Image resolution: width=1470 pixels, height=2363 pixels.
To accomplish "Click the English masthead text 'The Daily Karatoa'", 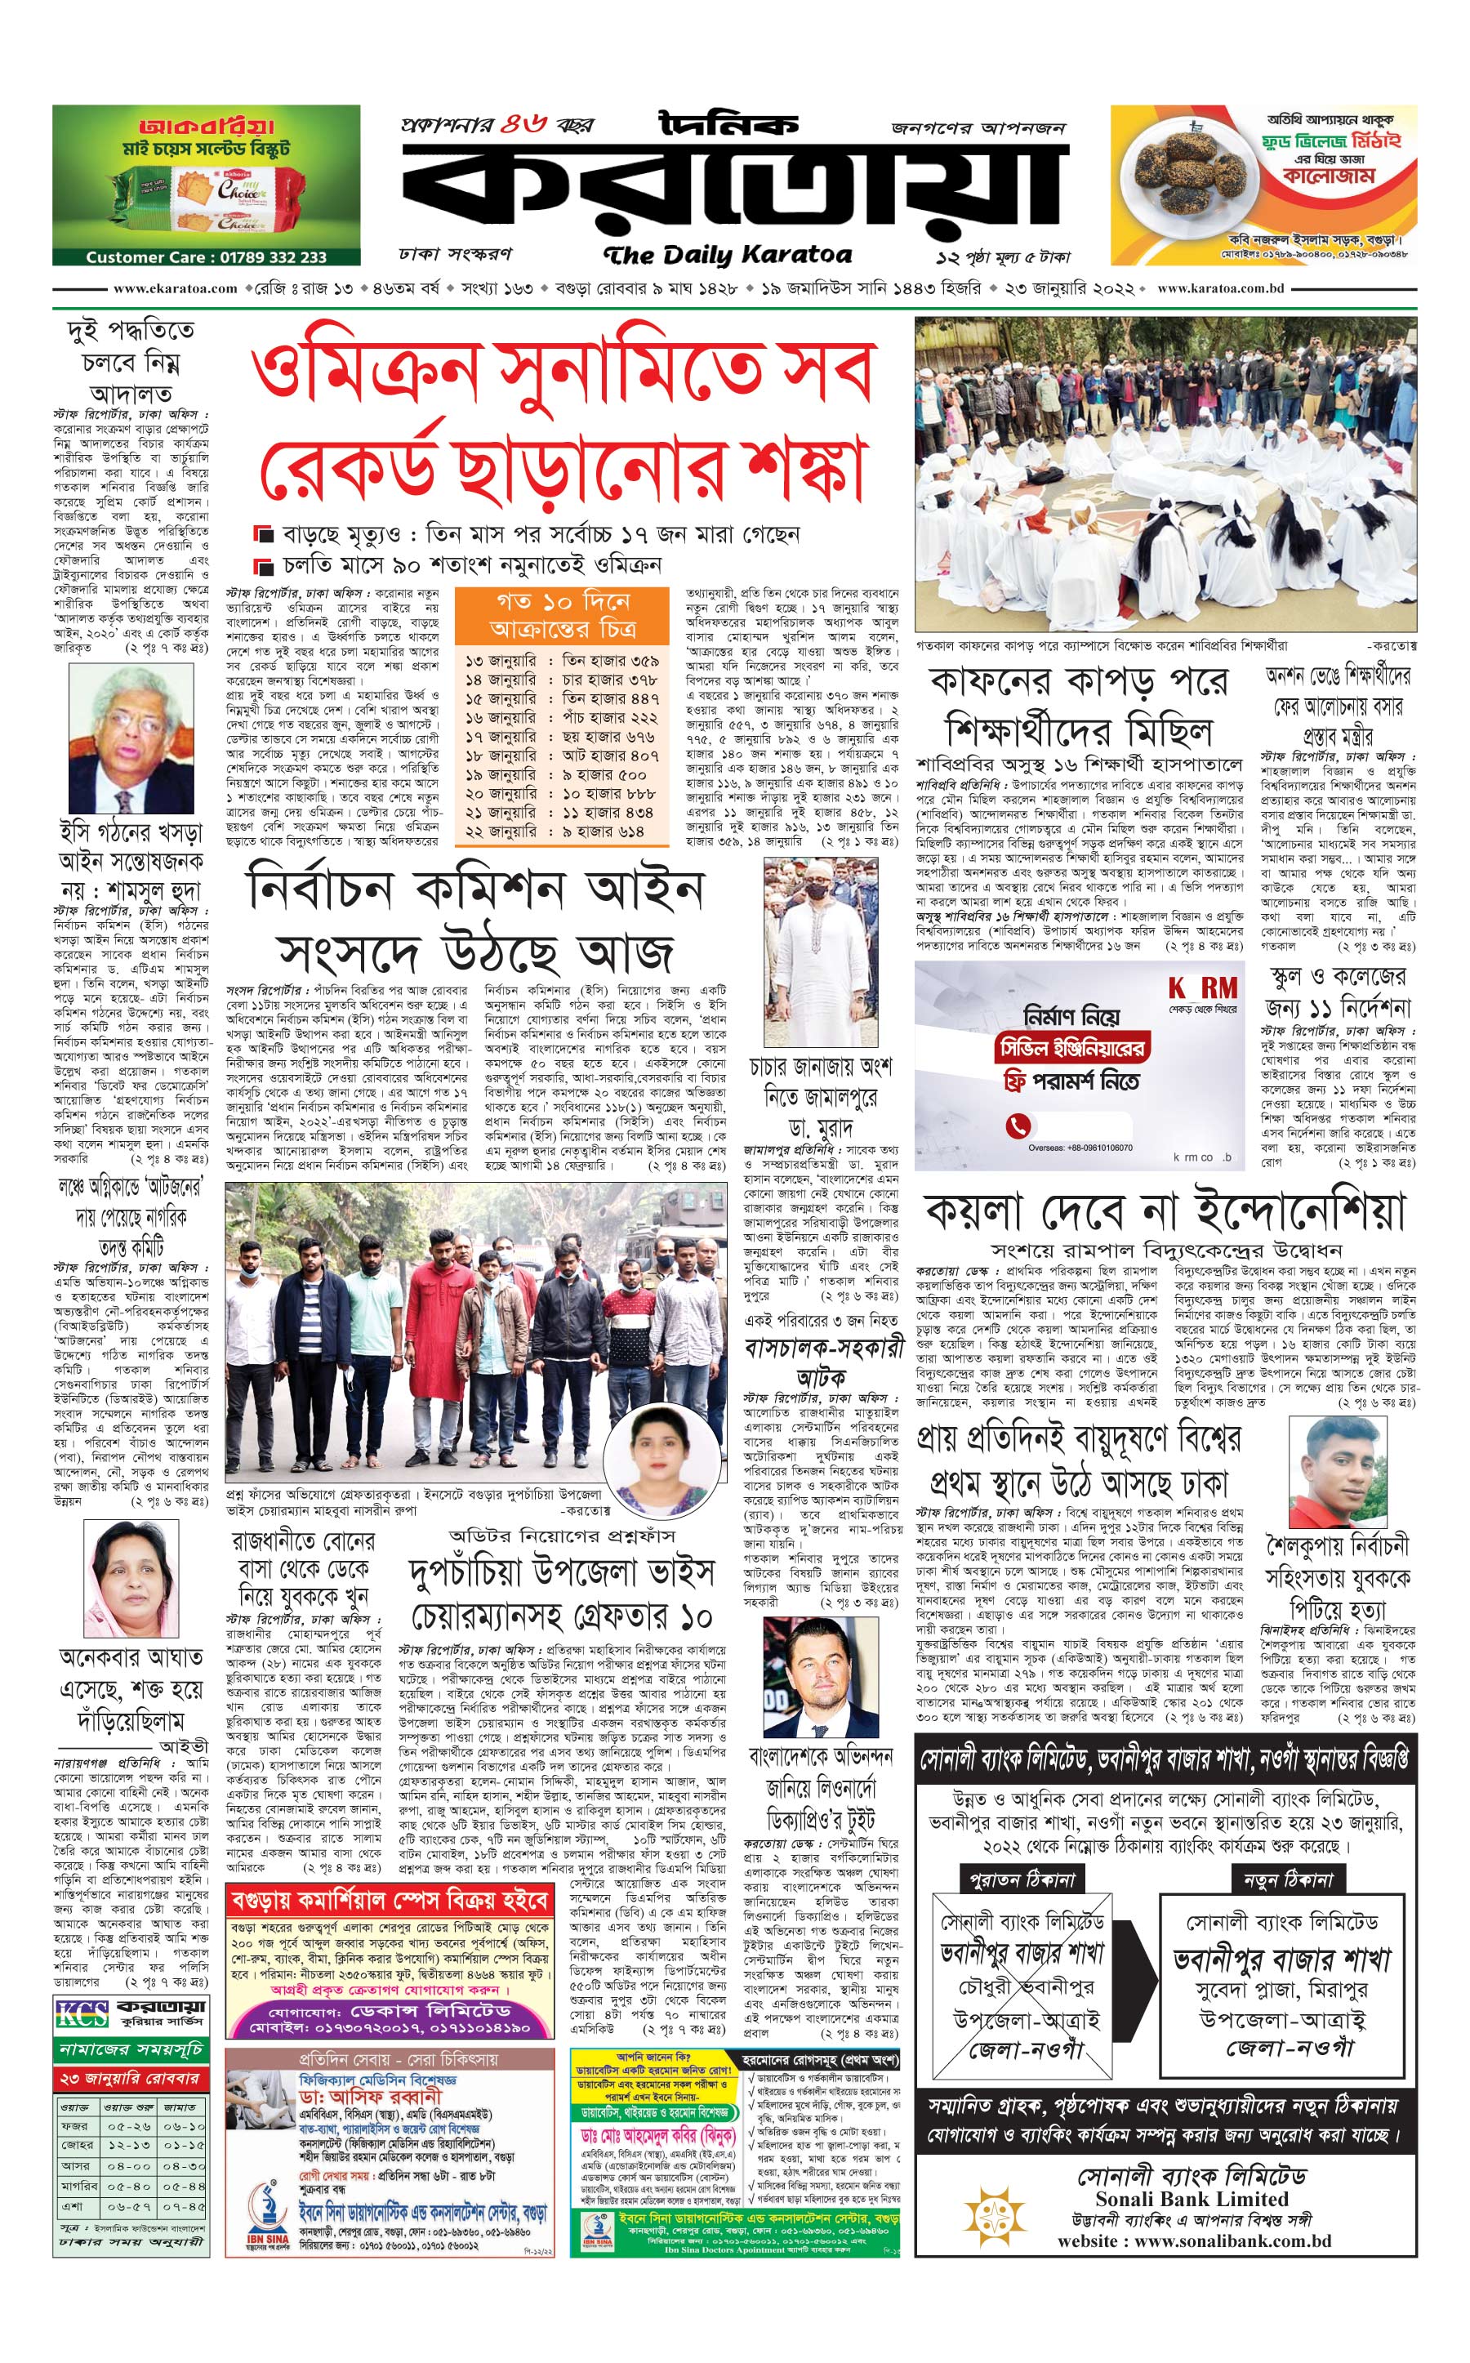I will [727, 256].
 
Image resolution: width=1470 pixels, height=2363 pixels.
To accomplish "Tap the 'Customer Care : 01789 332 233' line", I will [205, 256].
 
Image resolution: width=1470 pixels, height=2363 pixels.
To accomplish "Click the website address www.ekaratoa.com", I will [175, 289].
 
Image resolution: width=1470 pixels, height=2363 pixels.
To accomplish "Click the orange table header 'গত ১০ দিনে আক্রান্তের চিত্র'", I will [563, 613].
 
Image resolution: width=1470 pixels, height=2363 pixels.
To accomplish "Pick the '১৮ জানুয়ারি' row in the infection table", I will [563, 755].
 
